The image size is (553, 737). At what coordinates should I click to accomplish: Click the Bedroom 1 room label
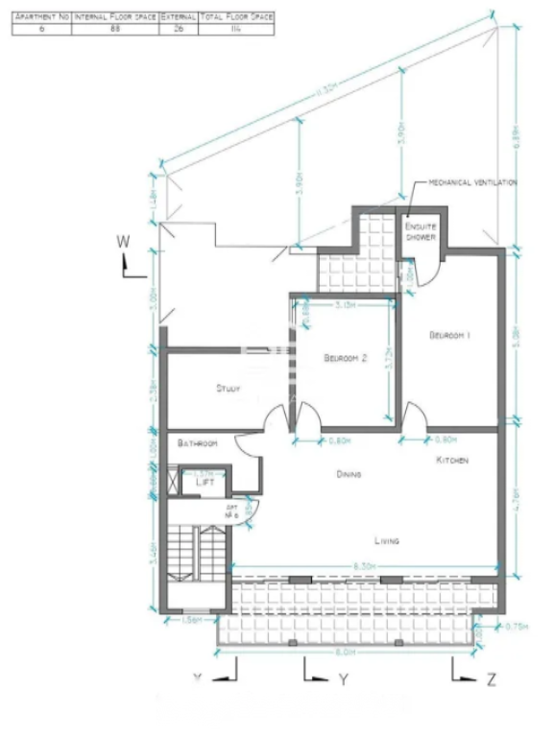point(448,335)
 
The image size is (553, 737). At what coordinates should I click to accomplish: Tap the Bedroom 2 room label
point(346,358)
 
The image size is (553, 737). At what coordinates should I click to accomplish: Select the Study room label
point(228,389)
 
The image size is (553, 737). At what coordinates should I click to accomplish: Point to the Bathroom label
point(198,443)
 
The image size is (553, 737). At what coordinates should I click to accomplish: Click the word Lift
point(204,483)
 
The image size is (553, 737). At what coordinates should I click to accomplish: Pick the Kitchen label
point(452,462)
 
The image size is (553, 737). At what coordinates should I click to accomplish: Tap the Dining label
point(348,475)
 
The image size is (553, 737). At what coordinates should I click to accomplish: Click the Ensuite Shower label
point(421,231)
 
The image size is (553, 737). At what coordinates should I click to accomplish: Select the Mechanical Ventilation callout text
point(472,182)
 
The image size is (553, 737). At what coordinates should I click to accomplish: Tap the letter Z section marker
point(491,679)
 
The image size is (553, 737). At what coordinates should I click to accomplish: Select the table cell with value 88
point(114,30)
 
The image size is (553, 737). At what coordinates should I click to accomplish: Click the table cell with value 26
point(178,30)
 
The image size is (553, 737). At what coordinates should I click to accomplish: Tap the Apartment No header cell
point(42,17)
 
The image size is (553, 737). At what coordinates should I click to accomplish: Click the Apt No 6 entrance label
point(231,510)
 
